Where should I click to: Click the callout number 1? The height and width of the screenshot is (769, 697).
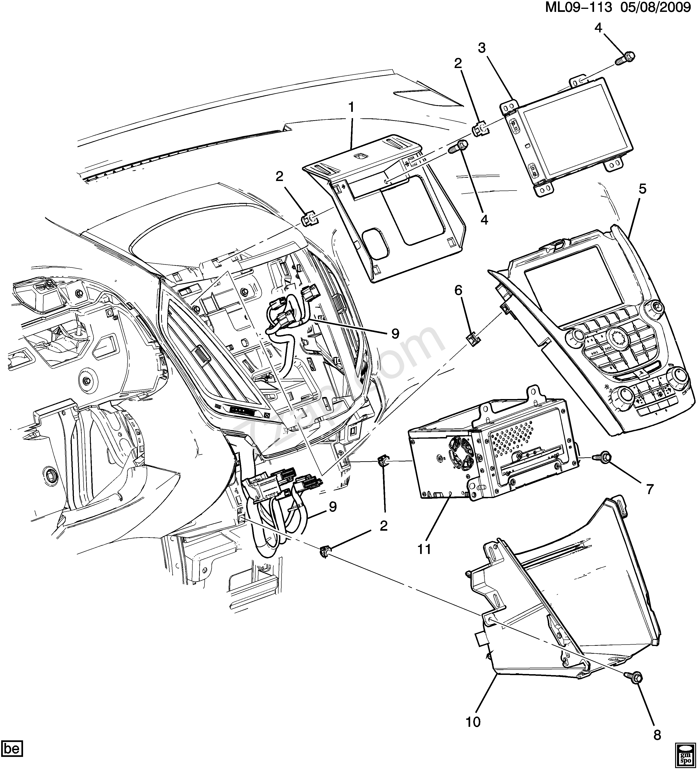[351, 108]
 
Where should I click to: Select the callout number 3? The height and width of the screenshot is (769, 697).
[482, 48]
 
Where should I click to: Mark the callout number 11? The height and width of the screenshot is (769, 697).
[424, 549]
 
